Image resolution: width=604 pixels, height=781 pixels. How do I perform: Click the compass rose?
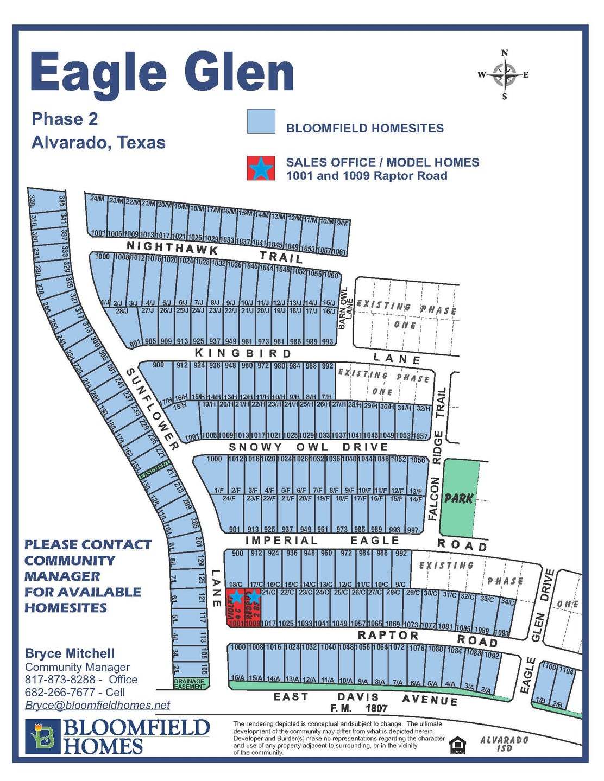pyautogui.click(x=505, y=75)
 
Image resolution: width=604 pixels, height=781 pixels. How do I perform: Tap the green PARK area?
pyautogui.click(x=459, y=498)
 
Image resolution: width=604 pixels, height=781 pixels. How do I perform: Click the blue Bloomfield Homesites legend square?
pyautogui.click(x=261, y=122)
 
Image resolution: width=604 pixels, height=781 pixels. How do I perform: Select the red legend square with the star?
pyautogui.click(x=261, y=168)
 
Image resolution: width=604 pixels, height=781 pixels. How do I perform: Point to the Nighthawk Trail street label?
pyautogui.click(x=215, y=252)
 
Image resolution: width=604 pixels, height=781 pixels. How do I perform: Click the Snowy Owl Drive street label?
pyautogui.click(x=309, y=447)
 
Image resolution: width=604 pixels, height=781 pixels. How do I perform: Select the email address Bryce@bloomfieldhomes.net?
pyautogui.click(x=97, y=705)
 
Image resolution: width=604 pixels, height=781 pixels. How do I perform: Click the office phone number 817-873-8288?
pyautogui.click(x=60, y=680)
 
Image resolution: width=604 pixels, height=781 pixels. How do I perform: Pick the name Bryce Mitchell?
pyautogui.click(x=70, y=653)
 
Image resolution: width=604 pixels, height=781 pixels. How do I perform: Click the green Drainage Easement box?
pyautogui.click(x=190, y=684)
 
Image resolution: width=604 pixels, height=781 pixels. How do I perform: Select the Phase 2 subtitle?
pyautogui.click(x=65, y=119)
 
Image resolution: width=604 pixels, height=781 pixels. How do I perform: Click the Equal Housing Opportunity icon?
pyautogui.click(x=457, y=746)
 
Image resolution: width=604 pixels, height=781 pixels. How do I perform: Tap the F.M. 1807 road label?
pyautogui.click(x=358, y=708)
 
